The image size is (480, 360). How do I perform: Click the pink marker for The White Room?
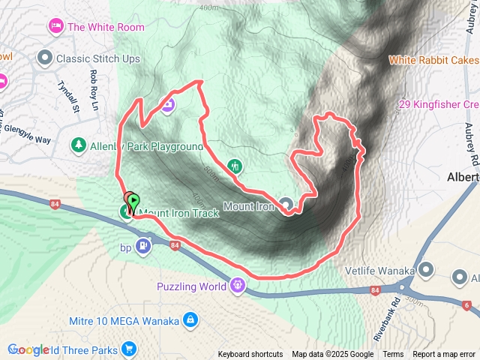pos(56,28)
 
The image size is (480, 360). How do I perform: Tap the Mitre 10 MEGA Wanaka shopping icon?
pos(190,320)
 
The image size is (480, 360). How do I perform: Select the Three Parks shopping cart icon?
pos(129,349)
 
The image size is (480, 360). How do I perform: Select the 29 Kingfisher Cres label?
pos(438,104)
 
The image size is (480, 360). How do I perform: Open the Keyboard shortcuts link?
pos(250,355)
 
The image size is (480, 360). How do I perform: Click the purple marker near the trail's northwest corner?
pos(167,104)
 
